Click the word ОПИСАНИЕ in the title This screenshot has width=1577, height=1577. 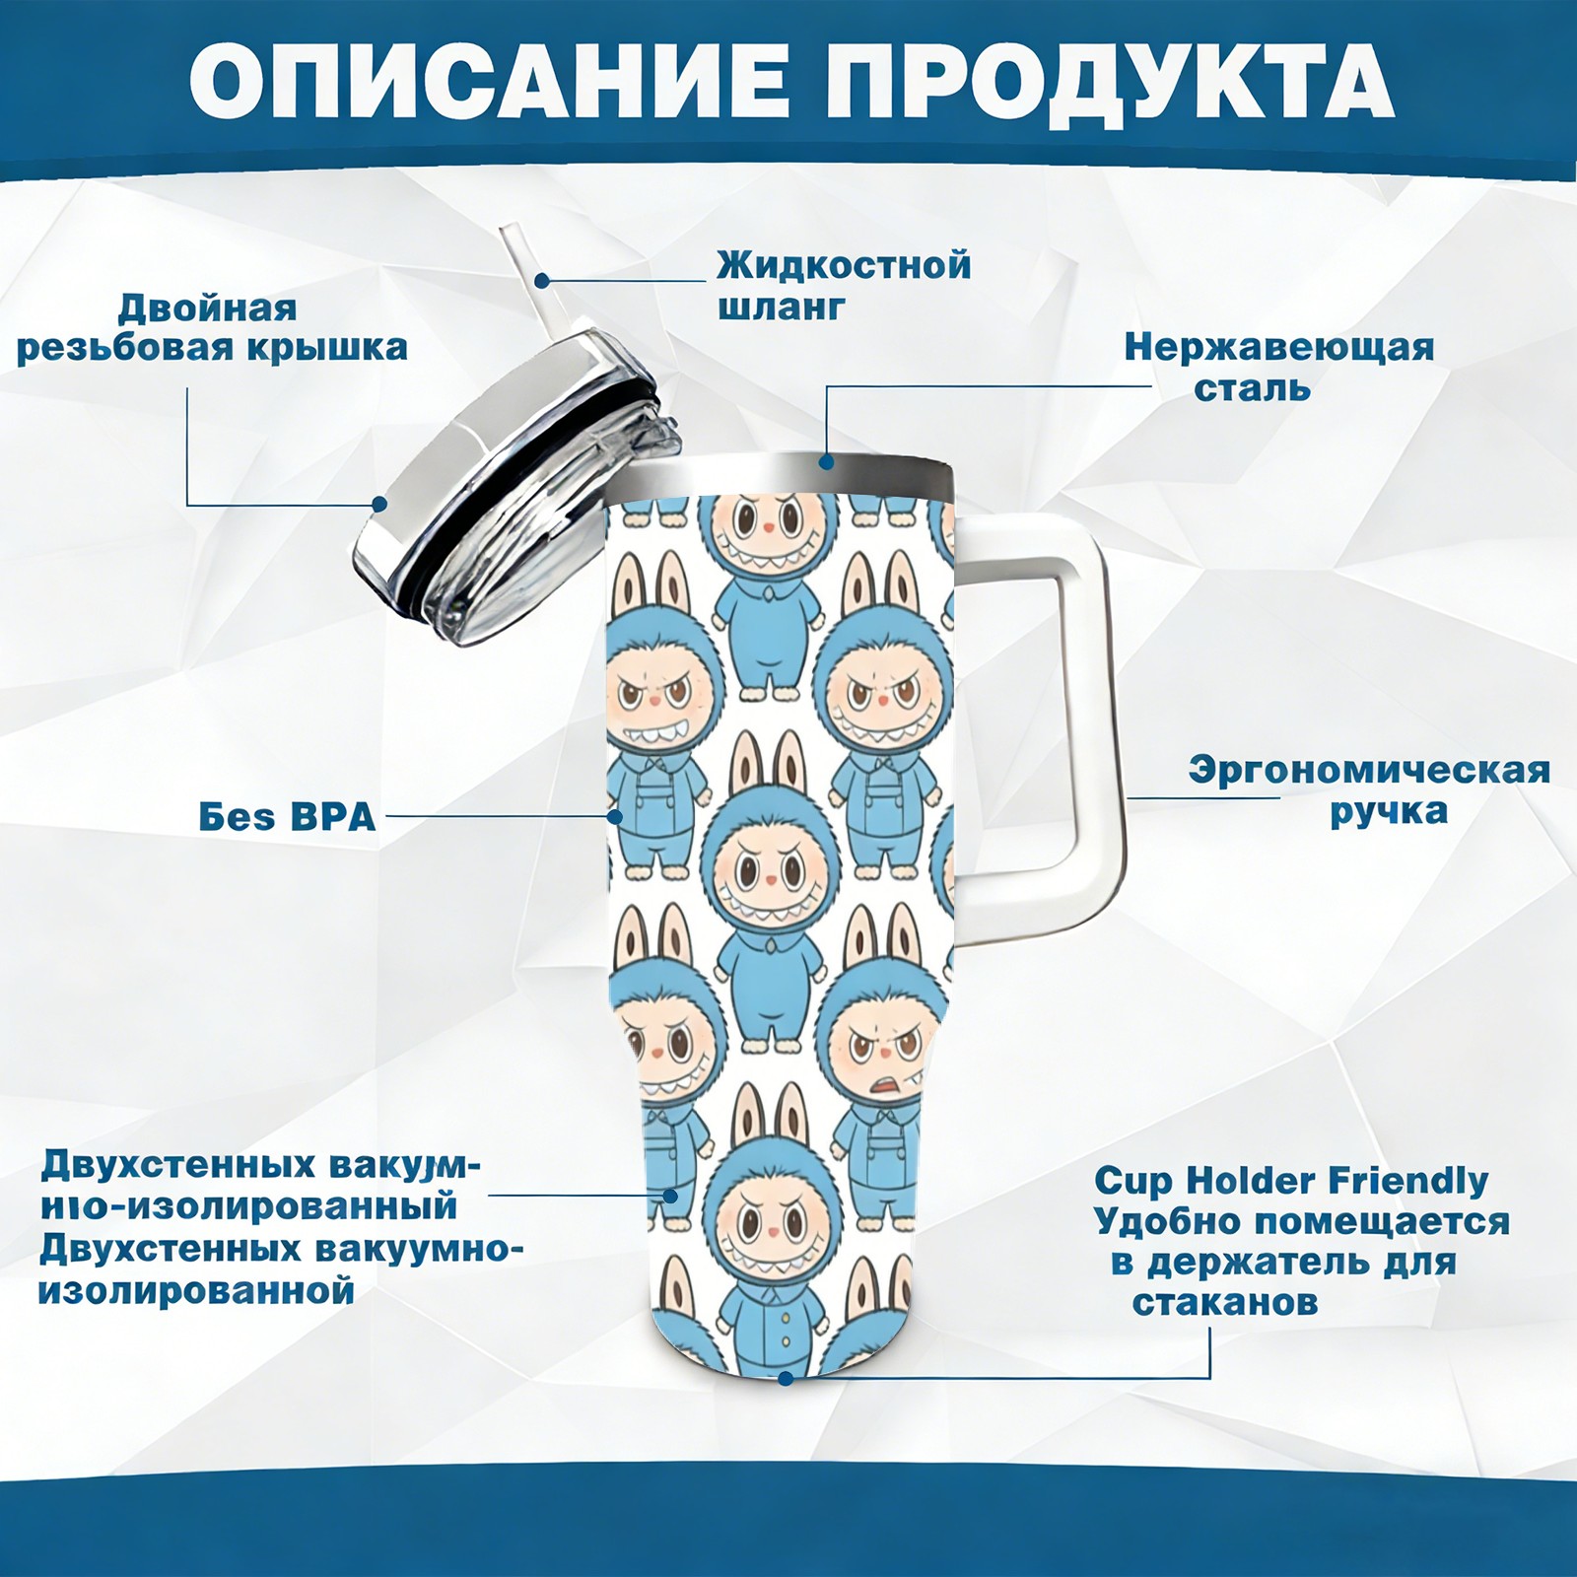click(488, 82)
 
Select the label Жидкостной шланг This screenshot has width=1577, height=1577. click(844, 286)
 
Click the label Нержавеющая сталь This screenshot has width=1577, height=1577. click(1279, 368)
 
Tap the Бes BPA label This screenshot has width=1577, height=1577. click(288, 817)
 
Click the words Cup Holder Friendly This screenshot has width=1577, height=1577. click(1291, 1181)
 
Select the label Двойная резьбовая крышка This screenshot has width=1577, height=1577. click(212, 328)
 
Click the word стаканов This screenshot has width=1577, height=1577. click(1224, 1303)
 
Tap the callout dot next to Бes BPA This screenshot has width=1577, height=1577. click(615, 817)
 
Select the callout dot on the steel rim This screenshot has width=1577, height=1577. click(827, 460)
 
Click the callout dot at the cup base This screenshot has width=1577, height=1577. click(786, 1378)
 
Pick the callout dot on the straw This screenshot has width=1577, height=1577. click(542, 280)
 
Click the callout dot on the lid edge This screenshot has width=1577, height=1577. click(378, 505)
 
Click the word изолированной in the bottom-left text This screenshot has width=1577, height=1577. click(196, 1290)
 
